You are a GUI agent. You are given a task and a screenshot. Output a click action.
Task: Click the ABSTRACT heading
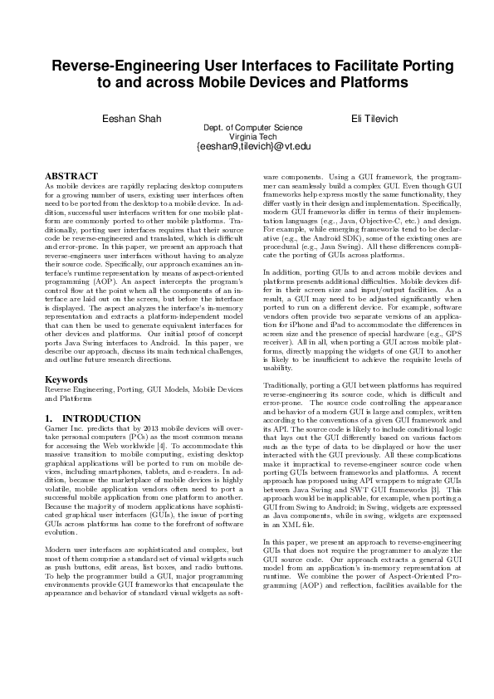pos(71,177)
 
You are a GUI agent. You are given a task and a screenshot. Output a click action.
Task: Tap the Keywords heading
pos(66,379)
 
